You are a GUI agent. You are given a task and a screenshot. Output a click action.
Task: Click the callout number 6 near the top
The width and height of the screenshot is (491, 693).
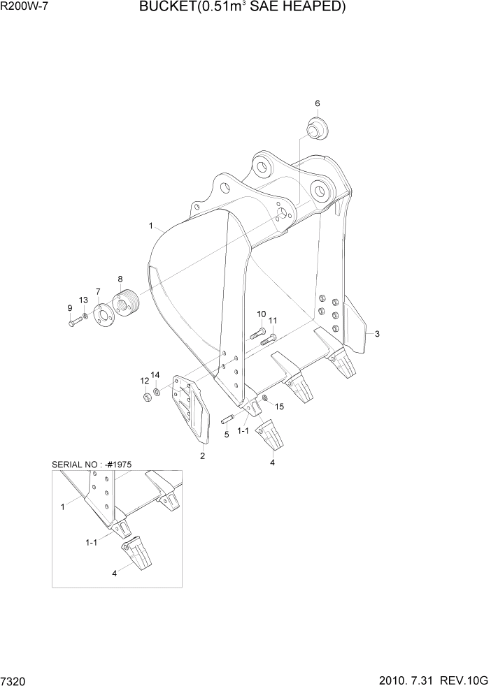click(317, 103)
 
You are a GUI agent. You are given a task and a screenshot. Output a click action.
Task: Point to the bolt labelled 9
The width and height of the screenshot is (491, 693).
click(74, 322)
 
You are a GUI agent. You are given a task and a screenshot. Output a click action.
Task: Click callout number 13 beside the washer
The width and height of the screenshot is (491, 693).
click(83, 300)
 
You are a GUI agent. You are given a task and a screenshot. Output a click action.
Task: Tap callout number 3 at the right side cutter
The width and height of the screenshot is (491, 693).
click(377, 333)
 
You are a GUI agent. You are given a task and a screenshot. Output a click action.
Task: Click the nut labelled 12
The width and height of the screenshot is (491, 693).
click(148, 397)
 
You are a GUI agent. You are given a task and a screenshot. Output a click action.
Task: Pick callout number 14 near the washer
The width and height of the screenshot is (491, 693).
click(156, 375)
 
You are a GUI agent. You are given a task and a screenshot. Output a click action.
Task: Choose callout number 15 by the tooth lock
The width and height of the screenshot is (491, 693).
click(279, 406)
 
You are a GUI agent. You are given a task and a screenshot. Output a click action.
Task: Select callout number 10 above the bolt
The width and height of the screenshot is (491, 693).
click(261, 314)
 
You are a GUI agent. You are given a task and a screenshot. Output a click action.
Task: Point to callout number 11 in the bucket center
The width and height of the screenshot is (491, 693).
click(273, 321)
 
